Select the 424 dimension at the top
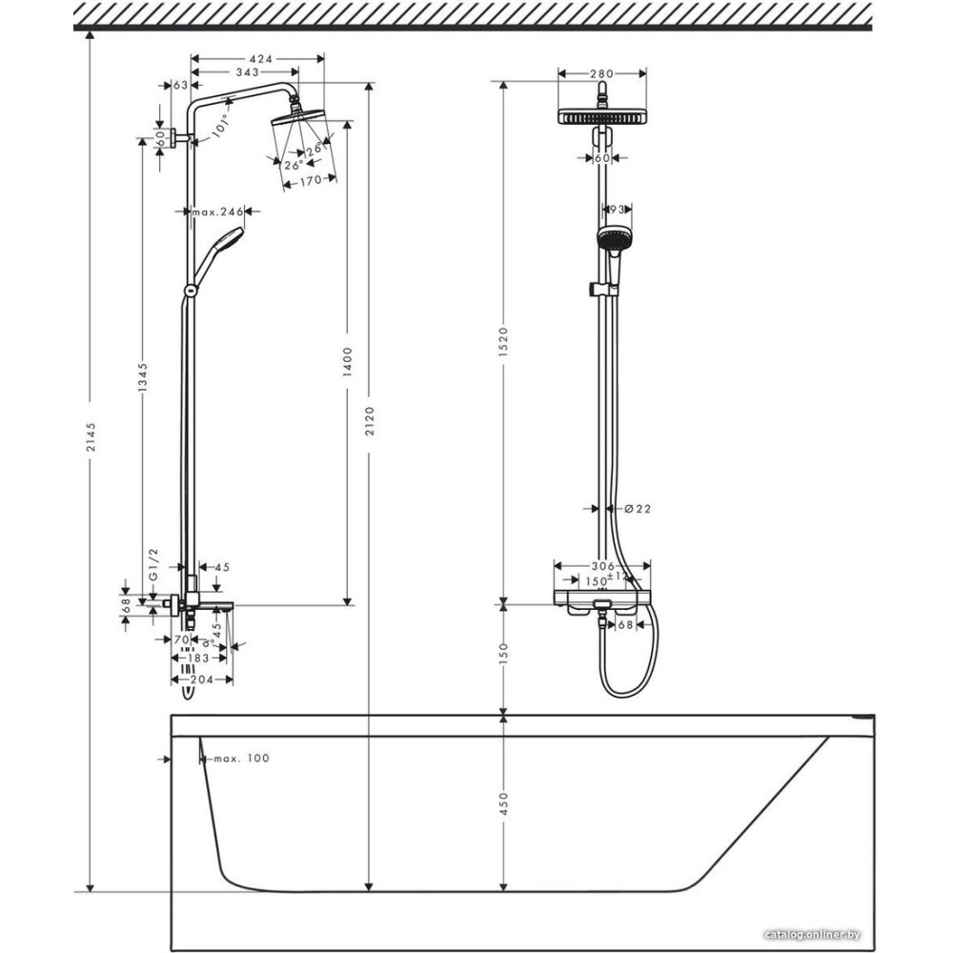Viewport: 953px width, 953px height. pyautogui.click(x=258, y=59)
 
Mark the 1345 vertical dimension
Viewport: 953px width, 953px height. pyautogui.click(x=143, y=378)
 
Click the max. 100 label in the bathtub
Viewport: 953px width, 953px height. pyautogui.click(x=240, y=759)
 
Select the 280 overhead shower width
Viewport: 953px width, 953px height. pyautogui.click(x=601, y=72)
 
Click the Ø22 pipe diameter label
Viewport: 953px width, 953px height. pyautogui.click(x=637, y=509)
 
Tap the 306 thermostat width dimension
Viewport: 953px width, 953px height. pyautogui.click(x=602, y=566)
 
